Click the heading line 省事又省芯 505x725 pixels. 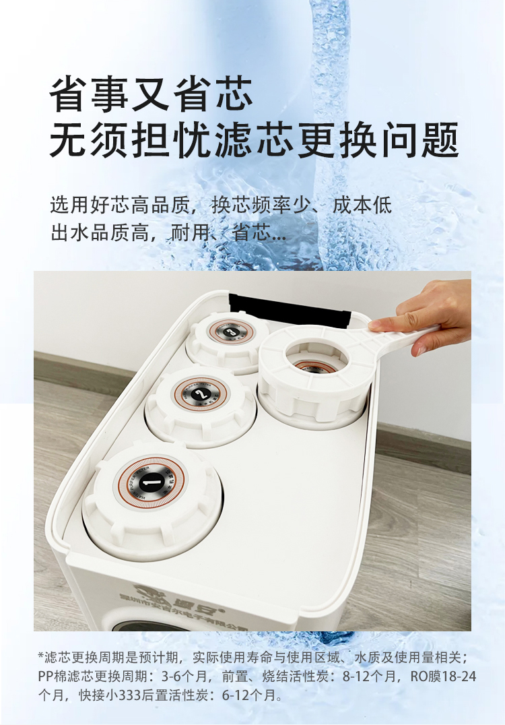151,94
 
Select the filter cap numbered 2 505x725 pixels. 201,395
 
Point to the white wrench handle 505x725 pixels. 404,334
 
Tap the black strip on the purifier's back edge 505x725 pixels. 290,307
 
